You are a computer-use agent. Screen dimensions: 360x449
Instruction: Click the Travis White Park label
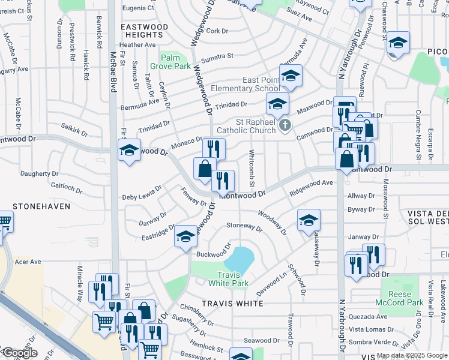229,278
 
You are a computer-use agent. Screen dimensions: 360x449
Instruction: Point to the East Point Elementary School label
261,85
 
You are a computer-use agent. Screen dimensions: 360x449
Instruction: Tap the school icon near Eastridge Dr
186,238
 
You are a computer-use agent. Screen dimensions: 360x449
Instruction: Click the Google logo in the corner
19,353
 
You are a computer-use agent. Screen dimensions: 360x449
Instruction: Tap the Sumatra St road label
217,57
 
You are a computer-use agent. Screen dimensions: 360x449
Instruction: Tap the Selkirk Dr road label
74,128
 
